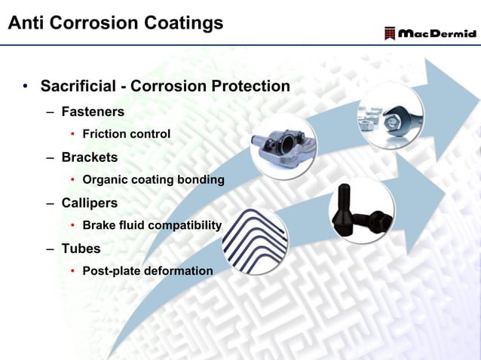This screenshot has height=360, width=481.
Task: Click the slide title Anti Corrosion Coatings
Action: [115, 23]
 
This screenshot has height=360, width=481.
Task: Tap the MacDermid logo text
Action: [437, 34]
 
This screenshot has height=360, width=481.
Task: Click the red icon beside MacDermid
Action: [389, 34]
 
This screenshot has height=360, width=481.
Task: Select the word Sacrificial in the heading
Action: [78, 87]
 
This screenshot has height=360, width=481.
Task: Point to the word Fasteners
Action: [93, 111]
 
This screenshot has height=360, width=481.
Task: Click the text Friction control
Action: [126, 134]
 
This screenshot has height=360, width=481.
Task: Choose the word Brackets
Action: [90, 157]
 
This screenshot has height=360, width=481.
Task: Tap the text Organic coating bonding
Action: [153, 180]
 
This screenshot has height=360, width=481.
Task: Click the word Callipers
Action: [90, 203]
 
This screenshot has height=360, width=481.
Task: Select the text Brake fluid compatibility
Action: [152, 225]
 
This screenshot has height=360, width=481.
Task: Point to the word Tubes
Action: [81, 248]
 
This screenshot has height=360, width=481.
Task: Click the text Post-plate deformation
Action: [148, 270]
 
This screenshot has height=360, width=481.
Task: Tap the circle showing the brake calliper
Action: [283, 148]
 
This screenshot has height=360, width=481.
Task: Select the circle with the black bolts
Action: [361, 212]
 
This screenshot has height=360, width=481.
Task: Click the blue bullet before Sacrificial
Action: [25, 87]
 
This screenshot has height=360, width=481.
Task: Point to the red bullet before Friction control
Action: [72, 135]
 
